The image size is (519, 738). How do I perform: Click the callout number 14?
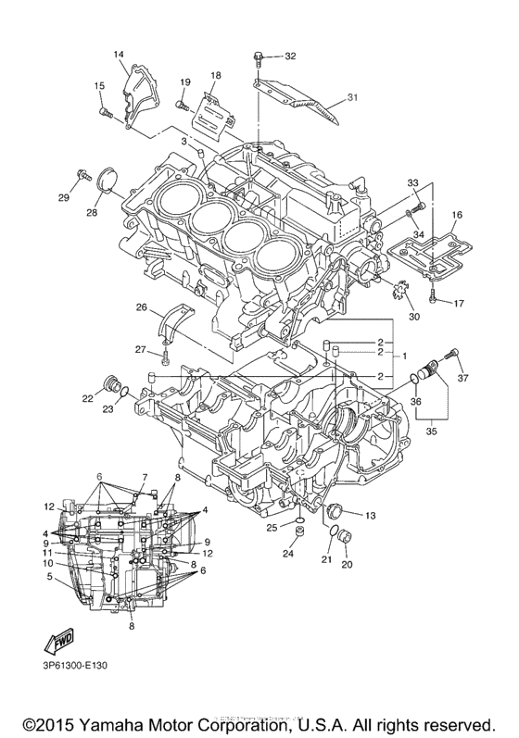click(119, 55)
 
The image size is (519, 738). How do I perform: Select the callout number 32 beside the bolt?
click(290, 56)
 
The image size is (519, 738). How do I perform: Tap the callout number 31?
click(352, 97)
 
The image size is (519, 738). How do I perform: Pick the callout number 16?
click(456, 215)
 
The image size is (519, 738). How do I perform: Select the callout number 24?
click(287, 554)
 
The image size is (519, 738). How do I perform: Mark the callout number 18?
click(215, 75)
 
